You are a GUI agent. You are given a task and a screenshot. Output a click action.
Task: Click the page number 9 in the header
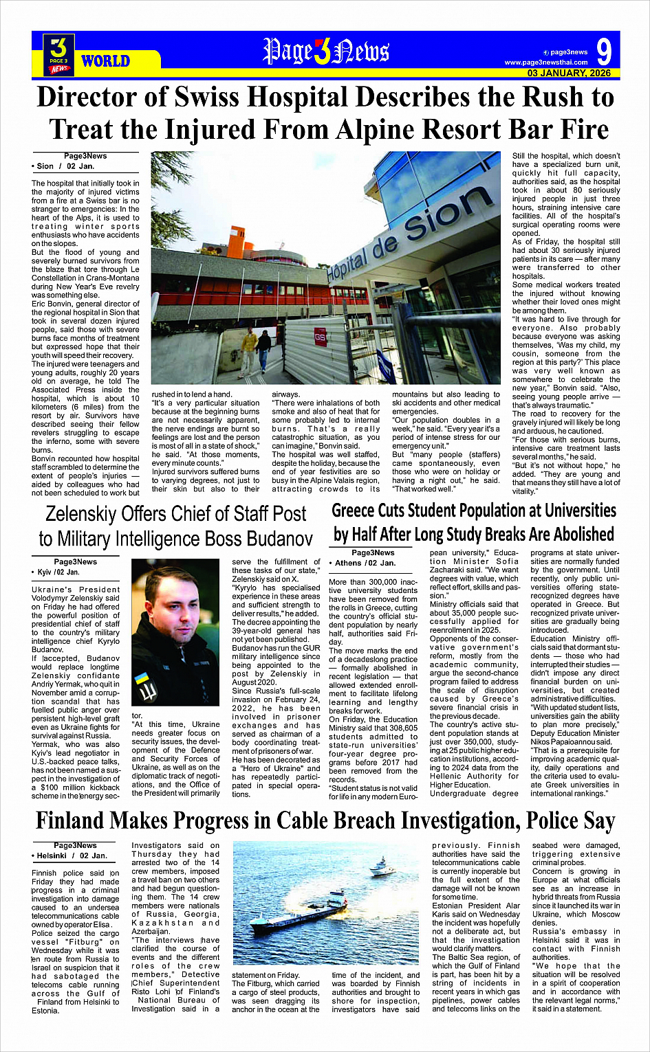point(604,52)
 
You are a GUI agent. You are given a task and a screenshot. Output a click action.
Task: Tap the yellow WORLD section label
point(105,61)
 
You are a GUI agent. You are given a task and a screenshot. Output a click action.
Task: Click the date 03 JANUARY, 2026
point(569,73)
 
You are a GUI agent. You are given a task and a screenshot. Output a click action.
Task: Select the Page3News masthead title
point(326,52)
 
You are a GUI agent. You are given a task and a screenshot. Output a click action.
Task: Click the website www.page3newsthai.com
point(546,63)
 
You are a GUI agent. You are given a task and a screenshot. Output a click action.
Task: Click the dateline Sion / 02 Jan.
point(64,166)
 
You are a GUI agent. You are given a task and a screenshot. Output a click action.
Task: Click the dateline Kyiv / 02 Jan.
point(56,572)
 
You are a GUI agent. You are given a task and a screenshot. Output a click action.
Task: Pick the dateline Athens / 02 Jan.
point(365,563)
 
